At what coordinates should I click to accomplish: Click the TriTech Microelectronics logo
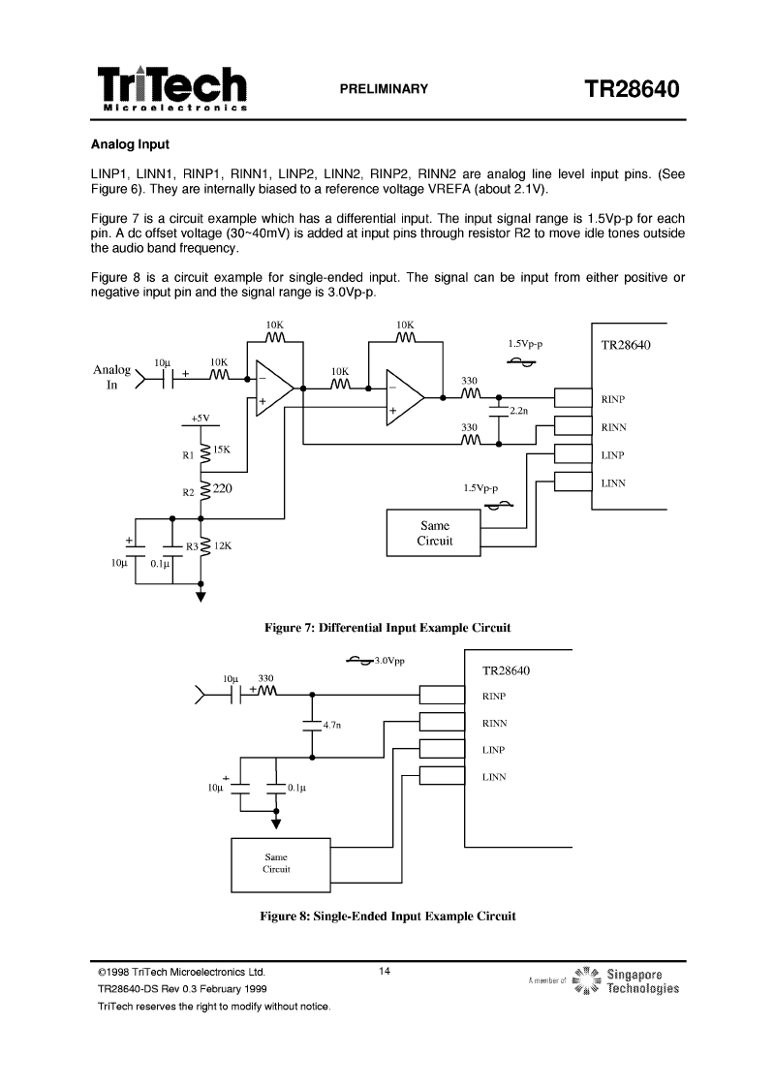point(172,89)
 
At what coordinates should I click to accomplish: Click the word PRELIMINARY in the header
point(384,89)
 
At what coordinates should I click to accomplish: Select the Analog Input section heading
point(131,144)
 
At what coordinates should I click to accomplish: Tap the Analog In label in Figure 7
point(111,377)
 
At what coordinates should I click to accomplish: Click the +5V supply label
point(201,419)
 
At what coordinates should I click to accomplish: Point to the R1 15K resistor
point(204,454)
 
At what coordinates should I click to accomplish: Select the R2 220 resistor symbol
point(204,491)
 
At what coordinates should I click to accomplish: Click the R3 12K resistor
point(204,546)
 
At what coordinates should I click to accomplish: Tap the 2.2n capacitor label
point(519,411)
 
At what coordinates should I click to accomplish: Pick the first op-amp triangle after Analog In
point(275,389)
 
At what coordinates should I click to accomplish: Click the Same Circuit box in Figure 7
point(433,533)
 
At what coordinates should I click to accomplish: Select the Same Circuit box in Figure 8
point(280,864)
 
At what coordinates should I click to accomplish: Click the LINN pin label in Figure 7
point(613,483)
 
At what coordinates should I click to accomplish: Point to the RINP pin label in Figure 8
point(494,696)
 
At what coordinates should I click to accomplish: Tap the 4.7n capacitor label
point(332,725)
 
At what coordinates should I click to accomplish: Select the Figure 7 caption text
point(387,628)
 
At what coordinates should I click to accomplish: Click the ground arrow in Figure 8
point(276,824)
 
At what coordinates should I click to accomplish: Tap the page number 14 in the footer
point(385,971)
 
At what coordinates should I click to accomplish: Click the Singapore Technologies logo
point(604,980)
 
